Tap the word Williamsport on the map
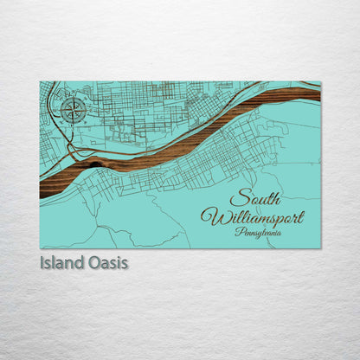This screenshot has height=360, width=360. click(252, 216)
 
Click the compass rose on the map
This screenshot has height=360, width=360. click(73, 110)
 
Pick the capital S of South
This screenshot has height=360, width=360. click(236, 198)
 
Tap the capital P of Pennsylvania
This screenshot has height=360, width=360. click(237, 231)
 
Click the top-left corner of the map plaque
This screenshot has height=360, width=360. click(40, 82)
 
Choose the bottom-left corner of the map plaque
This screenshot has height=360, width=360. click(40, 247)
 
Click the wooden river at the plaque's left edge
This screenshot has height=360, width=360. click(43, 189)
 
